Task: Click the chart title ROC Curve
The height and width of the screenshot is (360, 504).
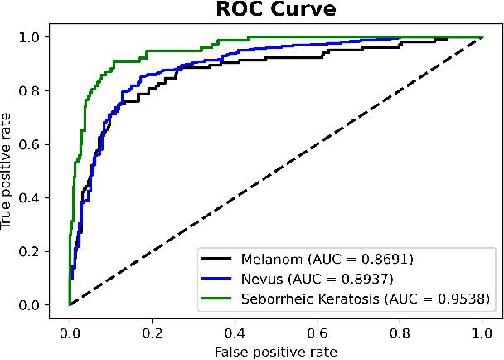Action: point(275,12)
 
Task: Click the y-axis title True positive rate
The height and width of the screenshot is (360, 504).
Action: point(9,171)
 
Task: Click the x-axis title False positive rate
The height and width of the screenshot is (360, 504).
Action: point(275,351)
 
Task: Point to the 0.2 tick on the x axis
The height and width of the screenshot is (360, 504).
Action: point(153,331)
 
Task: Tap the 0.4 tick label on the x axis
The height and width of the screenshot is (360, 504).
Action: point(235,331)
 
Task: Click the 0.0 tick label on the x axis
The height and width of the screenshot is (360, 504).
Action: point(70,331)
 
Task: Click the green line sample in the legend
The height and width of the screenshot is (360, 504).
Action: point(219,297)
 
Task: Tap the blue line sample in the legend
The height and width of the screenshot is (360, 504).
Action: point(219,277)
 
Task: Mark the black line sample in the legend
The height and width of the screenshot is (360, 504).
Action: point(219,258)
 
